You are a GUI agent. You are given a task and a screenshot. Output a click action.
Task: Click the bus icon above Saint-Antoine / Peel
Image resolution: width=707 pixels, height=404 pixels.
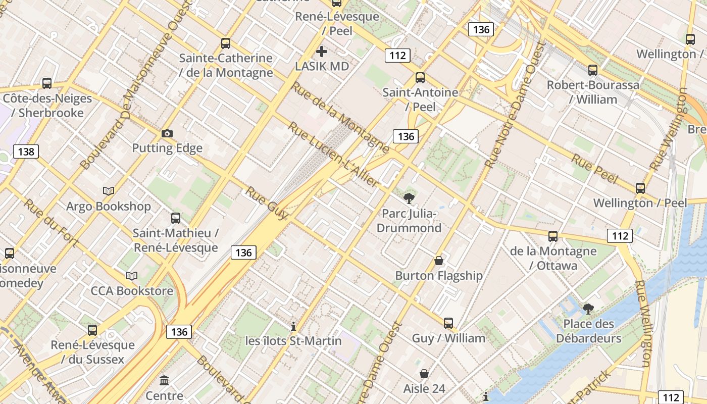tap(420, 78)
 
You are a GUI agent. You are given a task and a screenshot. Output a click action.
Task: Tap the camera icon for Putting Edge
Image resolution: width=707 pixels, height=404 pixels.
tap(167, 133)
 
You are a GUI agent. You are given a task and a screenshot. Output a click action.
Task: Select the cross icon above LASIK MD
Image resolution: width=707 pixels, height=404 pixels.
tap(322, 52)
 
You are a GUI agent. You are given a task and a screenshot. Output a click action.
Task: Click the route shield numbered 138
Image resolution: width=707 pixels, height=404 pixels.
tap(26, 151)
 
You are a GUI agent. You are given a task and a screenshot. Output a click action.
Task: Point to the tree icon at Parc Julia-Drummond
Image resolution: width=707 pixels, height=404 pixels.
tap(409, 198)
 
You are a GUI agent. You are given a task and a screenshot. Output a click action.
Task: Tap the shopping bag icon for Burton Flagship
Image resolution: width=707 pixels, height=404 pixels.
tap(439, 261)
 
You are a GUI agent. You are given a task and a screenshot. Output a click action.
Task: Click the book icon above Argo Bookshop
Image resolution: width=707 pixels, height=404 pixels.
tap(109, 191)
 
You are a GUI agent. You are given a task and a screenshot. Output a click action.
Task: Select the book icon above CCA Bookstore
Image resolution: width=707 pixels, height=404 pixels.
tap(132, 276)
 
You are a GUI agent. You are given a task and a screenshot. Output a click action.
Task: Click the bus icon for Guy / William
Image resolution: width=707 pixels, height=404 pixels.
tap(448, 323)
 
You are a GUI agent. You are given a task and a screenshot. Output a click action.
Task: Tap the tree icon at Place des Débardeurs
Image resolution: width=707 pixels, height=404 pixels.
tap(588, 309)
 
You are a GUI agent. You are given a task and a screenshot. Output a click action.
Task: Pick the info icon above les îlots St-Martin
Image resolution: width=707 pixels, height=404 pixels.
tap(293, 326)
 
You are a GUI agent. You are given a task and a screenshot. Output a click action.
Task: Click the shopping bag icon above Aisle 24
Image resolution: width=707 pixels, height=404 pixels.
tap(424, 374)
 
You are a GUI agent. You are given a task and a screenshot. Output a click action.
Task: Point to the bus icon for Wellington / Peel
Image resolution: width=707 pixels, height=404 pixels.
tap(640, 188)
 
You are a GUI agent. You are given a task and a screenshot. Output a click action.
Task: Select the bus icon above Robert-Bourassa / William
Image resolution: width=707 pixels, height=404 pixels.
tap(593, 70)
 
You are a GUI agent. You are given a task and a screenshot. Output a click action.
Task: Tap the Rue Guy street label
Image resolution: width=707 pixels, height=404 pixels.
tap(266, 203)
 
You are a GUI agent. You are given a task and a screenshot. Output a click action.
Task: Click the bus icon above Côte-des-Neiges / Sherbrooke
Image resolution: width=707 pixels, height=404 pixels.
tap(47, 83)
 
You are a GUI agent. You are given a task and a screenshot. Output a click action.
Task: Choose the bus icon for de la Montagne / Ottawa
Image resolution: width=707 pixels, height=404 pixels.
tap(553, 236)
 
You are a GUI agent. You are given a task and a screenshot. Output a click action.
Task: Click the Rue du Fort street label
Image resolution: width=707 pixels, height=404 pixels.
tap(50, 223)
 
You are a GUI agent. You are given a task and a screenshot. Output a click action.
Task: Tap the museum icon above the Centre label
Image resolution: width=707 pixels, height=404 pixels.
tap(164, 380)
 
